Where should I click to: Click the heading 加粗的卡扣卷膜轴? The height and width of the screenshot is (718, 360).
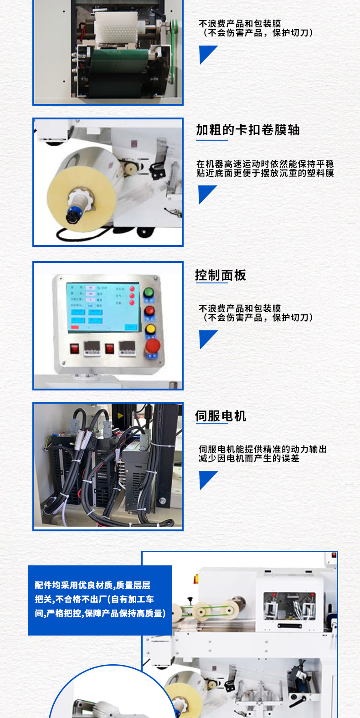(x=247, y=130)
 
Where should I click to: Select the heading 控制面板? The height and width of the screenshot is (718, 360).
(x=221, y=275)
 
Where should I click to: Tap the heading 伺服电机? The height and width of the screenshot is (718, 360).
(x=221, y=416)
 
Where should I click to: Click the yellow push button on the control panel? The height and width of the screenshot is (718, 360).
(x=150, y=329)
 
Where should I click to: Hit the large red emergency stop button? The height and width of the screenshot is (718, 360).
(x=152, y=346)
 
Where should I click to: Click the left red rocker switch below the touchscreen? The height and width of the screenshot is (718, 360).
(x=75, y=349)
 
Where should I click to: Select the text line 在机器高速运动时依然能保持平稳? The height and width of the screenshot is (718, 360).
(x=265, y=164)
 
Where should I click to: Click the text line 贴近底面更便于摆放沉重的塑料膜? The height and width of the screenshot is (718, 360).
(x=265, y=173)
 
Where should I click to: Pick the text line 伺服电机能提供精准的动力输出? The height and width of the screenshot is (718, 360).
(x=262, y=449)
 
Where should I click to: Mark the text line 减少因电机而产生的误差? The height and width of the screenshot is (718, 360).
(x=249, y=458)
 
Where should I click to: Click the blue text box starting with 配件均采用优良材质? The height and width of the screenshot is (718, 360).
(x=100, y=600)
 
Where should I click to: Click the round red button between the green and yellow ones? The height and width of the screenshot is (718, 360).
(x=149, y=311)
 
